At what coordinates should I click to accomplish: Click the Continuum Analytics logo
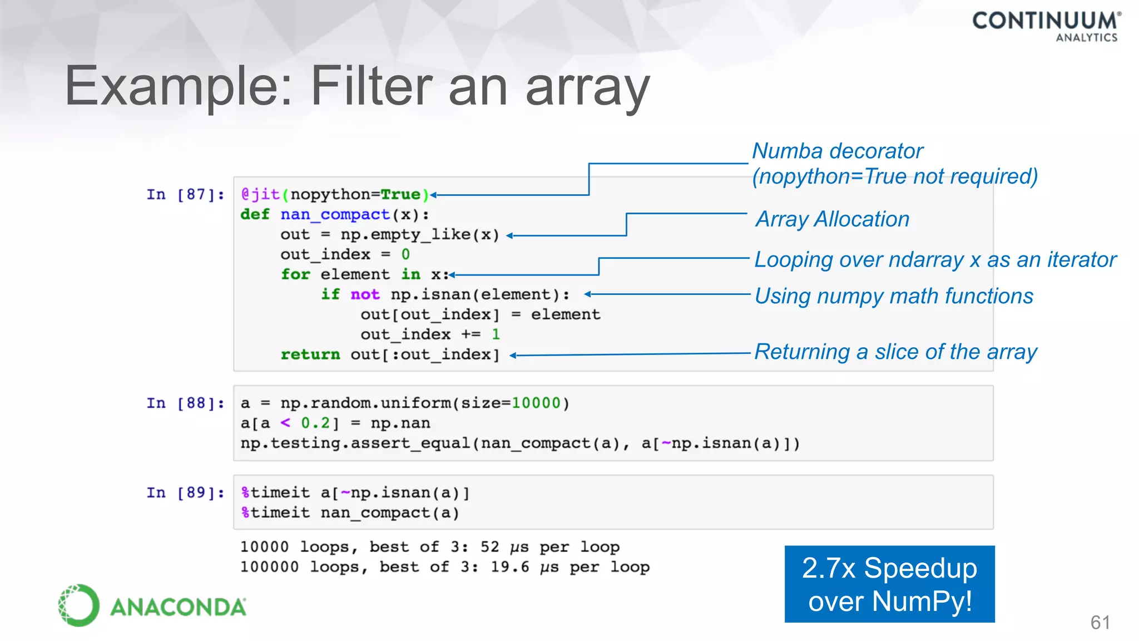(x=1046, y=26)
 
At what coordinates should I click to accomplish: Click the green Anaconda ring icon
(x=78, y=605)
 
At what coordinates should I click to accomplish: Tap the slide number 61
(x=1100, y=622)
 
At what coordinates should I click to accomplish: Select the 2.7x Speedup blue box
(x=889, y=584)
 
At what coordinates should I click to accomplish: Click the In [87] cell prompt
(x=185, y=195)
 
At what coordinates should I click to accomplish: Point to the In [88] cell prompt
(x=185, y=403)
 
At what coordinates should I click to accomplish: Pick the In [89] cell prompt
(x=185, y=493)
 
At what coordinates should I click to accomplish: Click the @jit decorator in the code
(x=260, y=194)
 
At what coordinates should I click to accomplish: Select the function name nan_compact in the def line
(x=335, y=215)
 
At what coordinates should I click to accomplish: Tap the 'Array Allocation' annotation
(x=832, y=219)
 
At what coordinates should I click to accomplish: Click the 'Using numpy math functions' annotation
(x=894, y=296)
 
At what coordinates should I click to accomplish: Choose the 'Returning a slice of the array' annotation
(x=895, y=352)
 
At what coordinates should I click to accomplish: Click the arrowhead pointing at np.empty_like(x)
(x=509, y=236)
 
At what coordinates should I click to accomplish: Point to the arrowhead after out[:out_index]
(x=513, y=356)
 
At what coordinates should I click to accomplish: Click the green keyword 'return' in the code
(x=310, y=354)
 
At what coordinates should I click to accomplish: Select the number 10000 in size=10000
(x=536, y=403)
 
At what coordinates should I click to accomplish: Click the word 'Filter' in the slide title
(x=372, y=86)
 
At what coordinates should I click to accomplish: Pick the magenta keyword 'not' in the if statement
(x=365, y=294)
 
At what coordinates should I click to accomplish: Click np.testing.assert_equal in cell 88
(x=355, y=443)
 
